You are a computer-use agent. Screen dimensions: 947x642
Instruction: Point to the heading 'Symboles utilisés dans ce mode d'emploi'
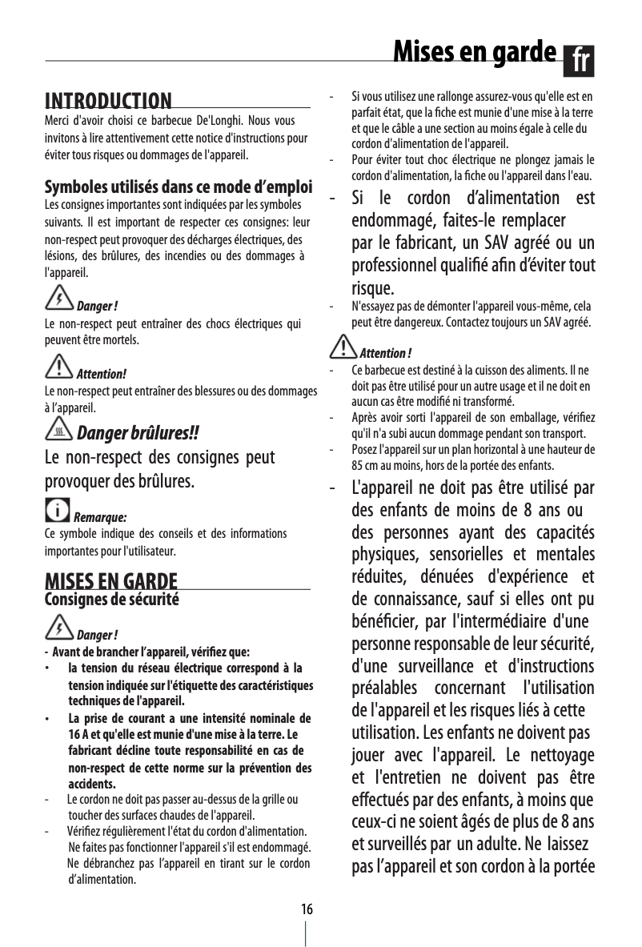click(178, 188)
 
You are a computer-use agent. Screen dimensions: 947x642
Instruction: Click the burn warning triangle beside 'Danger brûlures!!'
click(59, 431)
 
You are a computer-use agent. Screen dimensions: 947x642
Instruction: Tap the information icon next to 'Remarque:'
click(58, 509)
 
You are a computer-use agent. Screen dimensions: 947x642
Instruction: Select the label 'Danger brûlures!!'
click(136, 434)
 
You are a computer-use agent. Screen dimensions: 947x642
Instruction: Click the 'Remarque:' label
click(100, 516)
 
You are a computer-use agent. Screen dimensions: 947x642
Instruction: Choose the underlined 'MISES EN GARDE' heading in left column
click(111, 580)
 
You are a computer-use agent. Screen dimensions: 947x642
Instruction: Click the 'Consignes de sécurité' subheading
click(111, 599)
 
